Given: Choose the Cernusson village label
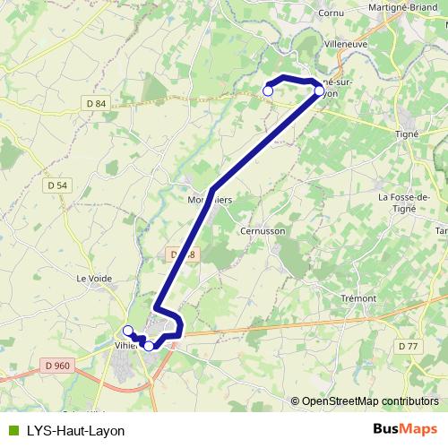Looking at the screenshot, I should (x=263, y=230).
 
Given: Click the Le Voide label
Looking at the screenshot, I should (x=94, y=279).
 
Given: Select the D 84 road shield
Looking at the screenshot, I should (x=98, y=104).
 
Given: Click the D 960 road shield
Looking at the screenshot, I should (x=56, y=365).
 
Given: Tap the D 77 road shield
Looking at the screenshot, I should (x=408, y=346).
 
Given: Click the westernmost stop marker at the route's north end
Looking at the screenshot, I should (x=267, y=90).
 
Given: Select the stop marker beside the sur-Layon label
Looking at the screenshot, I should (x=319, y=90).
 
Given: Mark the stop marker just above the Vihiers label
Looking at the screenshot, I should (x=128, y=331).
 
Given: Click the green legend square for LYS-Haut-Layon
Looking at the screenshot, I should (x=11, y=430).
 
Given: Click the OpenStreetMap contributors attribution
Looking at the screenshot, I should (x=368, y=401).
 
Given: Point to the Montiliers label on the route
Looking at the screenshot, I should (x=211, y=200).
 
